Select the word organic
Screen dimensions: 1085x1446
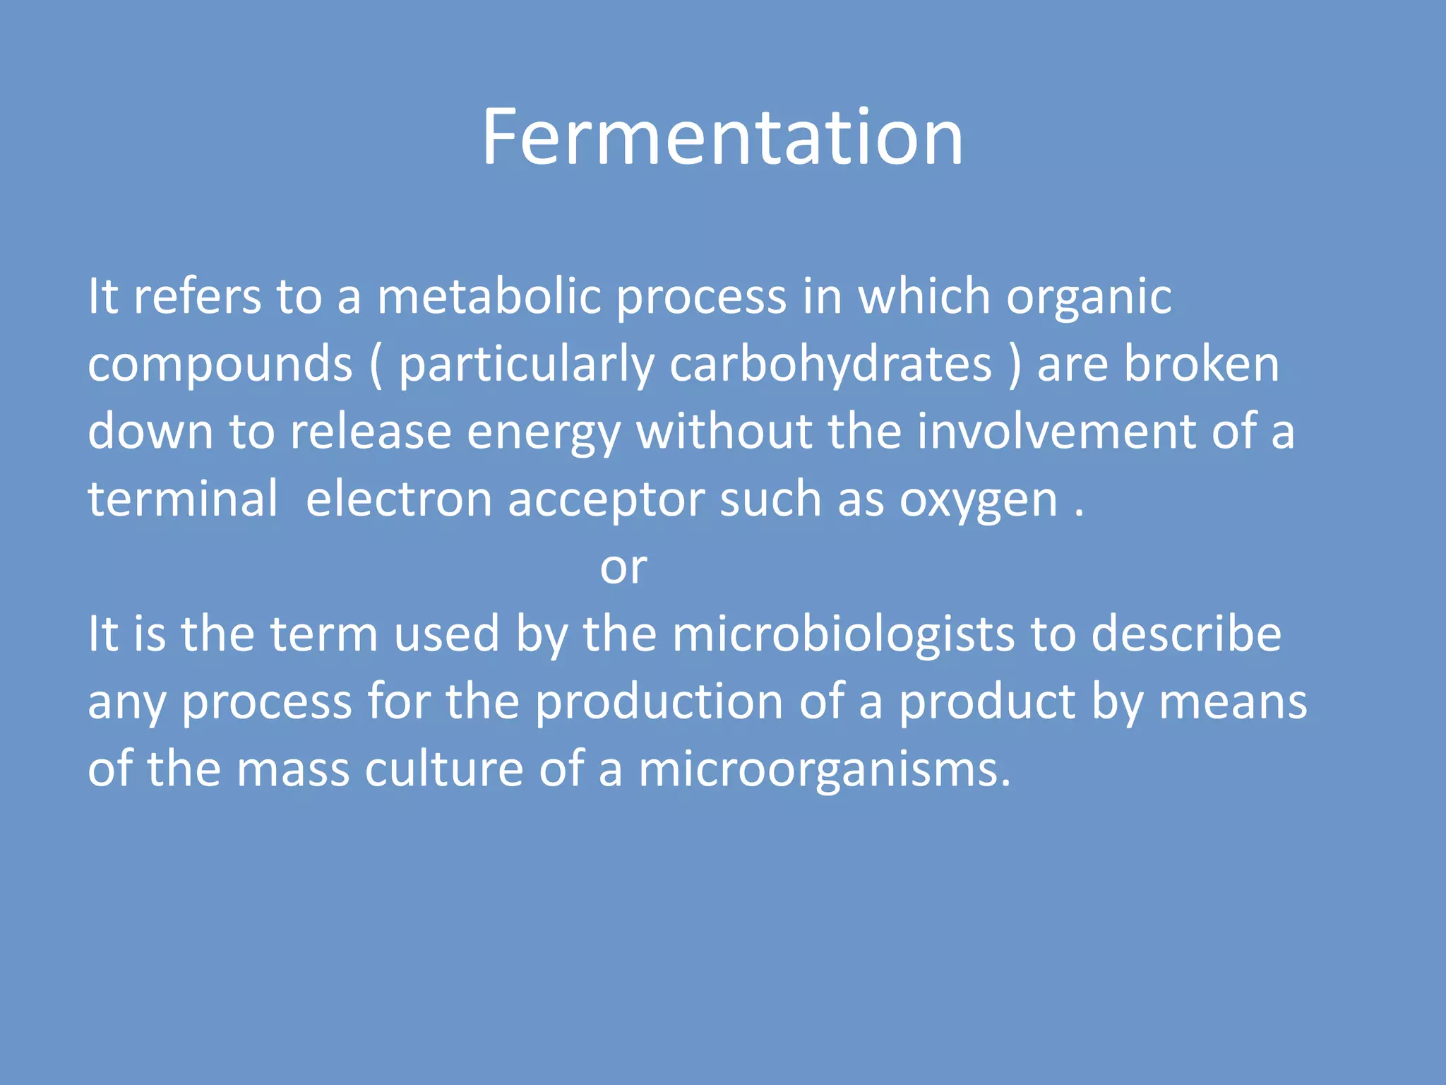tap(1089, 297)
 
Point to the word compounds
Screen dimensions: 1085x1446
tap(220, 365)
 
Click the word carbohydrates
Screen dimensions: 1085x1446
tap(830, 365)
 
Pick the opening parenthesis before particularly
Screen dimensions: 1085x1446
tap(376, 365)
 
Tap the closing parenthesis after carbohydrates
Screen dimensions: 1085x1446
tap(1015, 365)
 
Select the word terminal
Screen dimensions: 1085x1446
tap(183, 499)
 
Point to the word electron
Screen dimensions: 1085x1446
tap(399, 499)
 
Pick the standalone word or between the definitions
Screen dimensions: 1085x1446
tap(623, 567)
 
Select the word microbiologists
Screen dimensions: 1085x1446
tap(844, 634)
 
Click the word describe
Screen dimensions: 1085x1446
tap(1186, 634)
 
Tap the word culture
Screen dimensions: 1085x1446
tap(443, 769)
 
